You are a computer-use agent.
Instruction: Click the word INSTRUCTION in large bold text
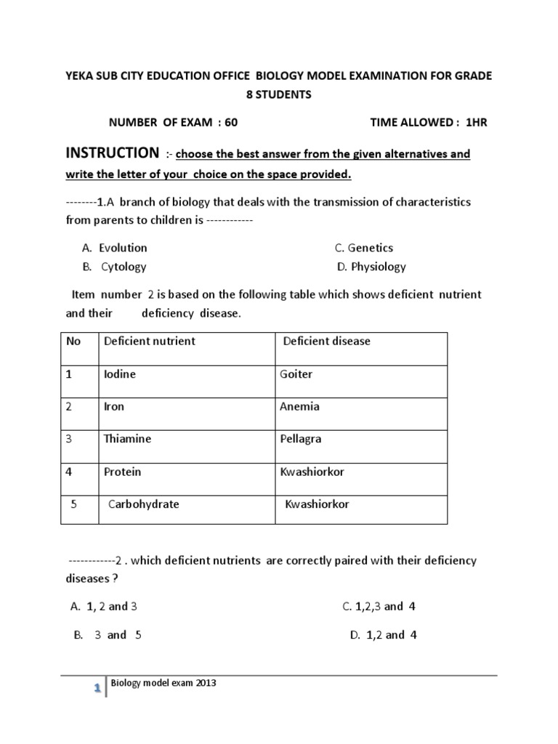point(112,153)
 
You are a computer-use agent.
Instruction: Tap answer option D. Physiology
point(371,267)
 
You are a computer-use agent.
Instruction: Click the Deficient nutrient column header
point(150,341)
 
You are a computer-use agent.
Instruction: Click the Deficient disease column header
point(326,341)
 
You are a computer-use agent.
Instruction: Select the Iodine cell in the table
point(120,374)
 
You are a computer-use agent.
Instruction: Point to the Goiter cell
point(296,374)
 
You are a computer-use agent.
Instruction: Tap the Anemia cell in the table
point(299,406)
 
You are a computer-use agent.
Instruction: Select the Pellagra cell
point(300,439)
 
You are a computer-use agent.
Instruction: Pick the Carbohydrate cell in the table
point(143,504)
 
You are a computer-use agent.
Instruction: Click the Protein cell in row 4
point(122,472)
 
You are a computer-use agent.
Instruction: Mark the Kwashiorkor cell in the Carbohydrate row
point(317,504)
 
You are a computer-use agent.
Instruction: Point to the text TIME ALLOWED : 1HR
point(429,123)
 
